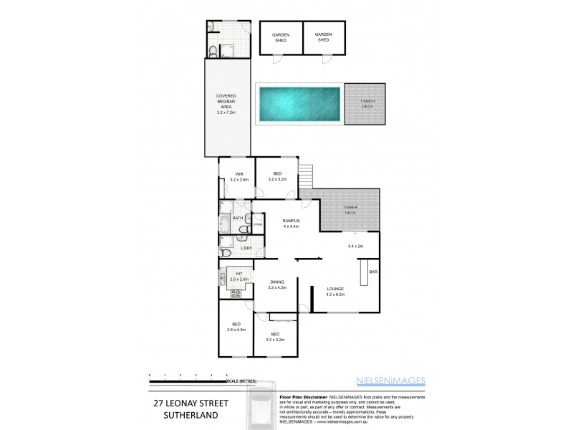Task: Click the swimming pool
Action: (299, 102)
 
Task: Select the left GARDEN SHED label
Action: (279, 37)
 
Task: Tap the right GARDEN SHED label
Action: (324, 37)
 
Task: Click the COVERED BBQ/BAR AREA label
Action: (226, 105)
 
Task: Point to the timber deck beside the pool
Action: (366, 103)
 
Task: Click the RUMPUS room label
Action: (290, 223)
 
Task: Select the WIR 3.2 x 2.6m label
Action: (238, 176)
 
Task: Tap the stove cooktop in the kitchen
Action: (235, 292)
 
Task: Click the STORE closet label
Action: (257, 225)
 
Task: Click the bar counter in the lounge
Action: (363, 272)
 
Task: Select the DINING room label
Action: (276, 284)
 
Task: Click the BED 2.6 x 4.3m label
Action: (236, 327)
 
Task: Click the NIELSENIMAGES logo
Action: (391, 381)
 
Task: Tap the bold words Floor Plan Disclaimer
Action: (301, 396)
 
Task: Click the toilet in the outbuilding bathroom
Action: (213, 49)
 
